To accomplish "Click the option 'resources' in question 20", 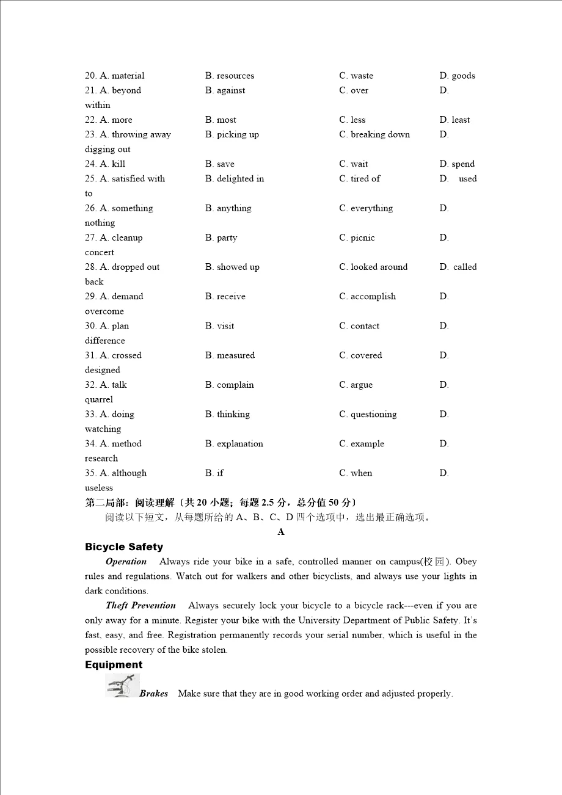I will click(235, 76).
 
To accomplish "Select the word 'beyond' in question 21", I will click(126, 90).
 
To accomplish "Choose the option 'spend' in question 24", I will click(463, 164).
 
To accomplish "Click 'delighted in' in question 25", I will click(240, 179).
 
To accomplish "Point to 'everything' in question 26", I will click(371, 208).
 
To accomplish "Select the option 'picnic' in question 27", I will click(363, 238).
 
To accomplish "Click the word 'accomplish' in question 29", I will click(373, 296).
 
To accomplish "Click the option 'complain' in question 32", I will click(235, 385).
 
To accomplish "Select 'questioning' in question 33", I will click(373, 414).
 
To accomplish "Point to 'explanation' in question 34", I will click(240, 444).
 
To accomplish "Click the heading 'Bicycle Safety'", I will click(124, 547).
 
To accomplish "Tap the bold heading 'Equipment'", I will click(114, 665).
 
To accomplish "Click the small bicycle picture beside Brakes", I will click(122, 686).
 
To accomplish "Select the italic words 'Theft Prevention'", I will click(140, 606).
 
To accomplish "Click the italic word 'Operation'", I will click(126, 562).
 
